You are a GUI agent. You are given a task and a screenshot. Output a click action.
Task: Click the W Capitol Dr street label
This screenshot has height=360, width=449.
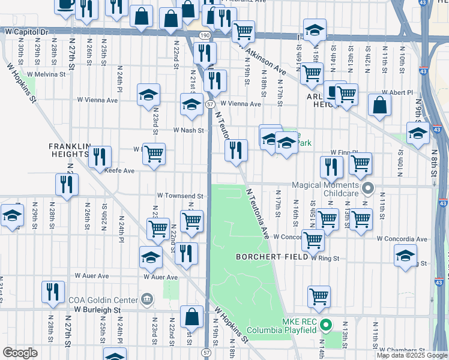(26, 30)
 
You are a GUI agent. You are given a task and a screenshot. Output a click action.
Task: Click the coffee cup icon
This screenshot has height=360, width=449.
(65, 5)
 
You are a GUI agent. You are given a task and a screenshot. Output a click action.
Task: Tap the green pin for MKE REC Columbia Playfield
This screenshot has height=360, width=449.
(326, 327)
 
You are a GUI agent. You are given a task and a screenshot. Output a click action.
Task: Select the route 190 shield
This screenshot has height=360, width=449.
(205, 37)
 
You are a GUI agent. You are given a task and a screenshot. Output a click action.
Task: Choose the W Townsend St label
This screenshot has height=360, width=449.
(181, 196)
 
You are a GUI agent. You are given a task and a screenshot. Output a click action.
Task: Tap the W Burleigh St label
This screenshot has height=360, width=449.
(98, 310)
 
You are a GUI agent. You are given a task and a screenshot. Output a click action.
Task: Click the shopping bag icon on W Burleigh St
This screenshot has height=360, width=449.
(191, 316)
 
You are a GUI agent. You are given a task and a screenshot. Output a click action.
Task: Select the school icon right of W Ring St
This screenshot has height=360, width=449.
(405, 254)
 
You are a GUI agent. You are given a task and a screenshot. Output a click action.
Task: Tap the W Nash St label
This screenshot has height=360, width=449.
(189, 130)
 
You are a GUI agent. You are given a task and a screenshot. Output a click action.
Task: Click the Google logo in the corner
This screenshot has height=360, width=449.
(20, 353)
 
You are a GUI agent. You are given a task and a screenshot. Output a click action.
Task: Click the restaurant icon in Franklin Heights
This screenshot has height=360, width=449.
(100, 157)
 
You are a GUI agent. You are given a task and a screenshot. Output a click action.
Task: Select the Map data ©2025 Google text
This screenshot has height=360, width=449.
(412, 355)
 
